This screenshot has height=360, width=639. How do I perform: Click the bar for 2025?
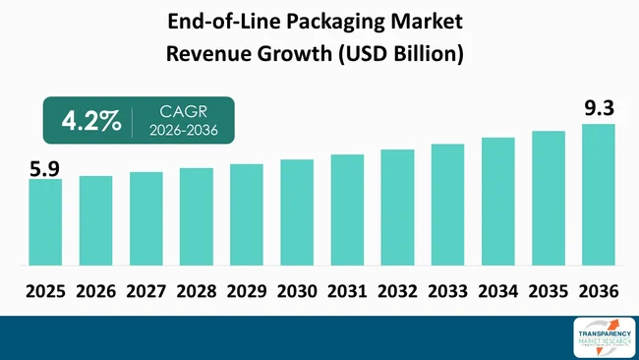[x=45, y=222]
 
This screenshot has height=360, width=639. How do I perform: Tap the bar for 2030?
[x=296, y=212]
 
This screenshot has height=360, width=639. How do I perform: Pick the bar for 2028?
[x=196, y=217]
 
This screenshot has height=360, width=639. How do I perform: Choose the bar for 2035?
[x=548, y=199]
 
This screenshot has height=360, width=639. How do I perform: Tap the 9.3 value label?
[x=598, y=109]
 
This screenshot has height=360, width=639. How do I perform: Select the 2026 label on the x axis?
[x=95, y=291]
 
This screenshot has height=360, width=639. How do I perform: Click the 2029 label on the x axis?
[x=246, y=291]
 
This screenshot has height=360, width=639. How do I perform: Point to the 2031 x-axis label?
[x=346, y=291]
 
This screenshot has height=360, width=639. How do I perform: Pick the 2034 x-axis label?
[x=497, y=291]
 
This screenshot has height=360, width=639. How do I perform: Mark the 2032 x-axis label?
[x=397, y=291]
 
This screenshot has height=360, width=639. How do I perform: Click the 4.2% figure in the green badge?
[x=91, y=121]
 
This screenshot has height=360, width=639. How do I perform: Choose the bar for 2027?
[x=145, y=219]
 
